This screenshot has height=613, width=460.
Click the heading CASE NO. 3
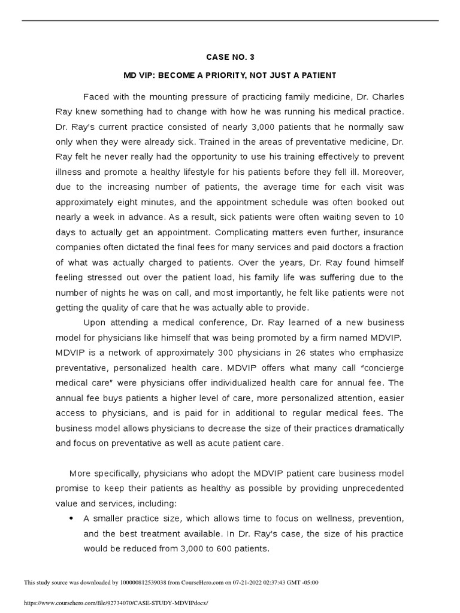230,57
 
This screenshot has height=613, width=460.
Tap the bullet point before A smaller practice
72,518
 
